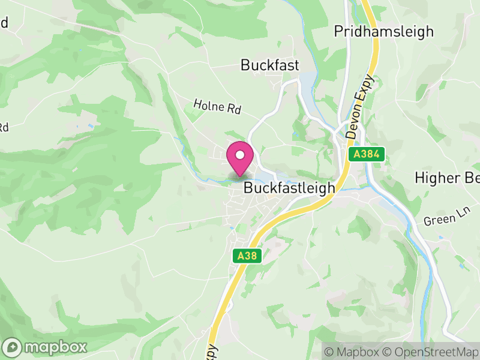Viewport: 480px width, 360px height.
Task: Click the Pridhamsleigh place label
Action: [x=384, y=31]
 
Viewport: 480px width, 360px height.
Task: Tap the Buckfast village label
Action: [x=270, y=65]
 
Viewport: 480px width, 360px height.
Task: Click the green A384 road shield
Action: [x=366, y=155]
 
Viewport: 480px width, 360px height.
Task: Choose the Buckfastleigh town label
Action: [x=289, y=188]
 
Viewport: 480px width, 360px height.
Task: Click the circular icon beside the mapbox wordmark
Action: [x=13, y=347]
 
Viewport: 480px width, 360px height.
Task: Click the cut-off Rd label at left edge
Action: [x=4, y=127]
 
